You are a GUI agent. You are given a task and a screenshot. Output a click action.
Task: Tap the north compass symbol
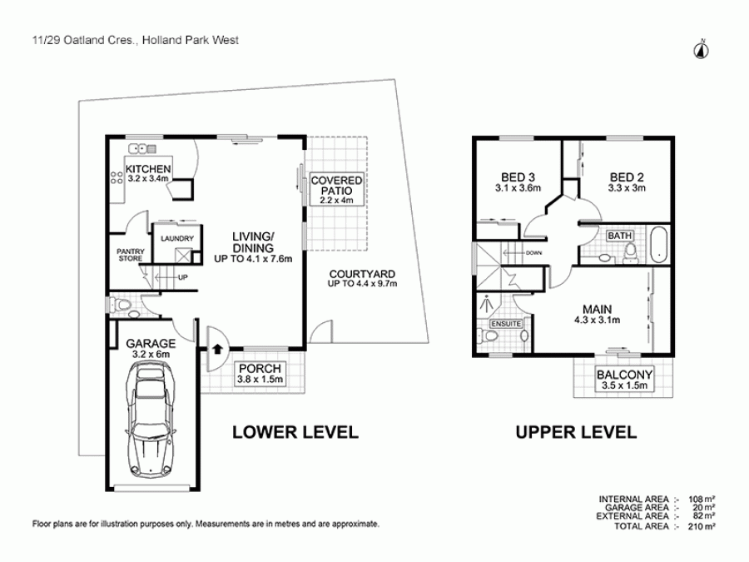(702, 50)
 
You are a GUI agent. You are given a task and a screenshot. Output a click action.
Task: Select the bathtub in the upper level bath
(659, 245)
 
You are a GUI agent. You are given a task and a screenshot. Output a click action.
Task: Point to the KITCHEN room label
(148, 169)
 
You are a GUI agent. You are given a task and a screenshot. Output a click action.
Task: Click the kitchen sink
(141, 149)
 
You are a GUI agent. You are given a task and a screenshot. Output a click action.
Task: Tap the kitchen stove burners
(117, 178)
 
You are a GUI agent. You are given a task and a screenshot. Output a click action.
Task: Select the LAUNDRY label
(177, 238)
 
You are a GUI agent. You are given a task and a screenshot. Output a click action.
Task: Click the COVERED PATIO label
(337, 186)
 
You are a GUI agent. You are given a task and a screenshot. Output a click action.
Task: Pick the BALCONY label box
(624, 380)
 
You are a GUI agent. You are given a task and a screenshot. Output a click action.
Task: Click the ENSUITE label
(506, 324)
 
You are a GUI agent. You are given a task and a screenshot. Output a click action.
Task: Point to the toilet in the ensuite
(487, 336)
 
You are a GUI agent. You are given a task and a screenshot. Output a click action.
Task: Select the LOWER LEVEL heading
(295, 432)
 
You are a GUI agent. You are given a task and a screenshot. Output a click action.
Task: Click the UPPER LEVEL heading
(576, 432)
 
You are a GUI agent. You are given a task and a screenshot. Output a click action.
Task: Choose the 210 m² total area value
(702, 526)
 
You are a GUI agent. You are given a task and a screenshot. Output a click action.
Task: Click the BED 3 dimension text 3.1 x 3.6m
(518, 188)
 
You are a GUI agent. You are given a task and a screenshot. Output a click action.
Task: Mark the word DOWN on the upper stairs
(533, 253)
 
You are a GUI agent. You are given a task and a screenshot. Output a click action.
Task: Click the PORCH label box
(260, 374)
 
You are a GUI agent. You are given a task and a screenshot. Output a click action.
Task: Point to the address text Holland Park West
(190, 40)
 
